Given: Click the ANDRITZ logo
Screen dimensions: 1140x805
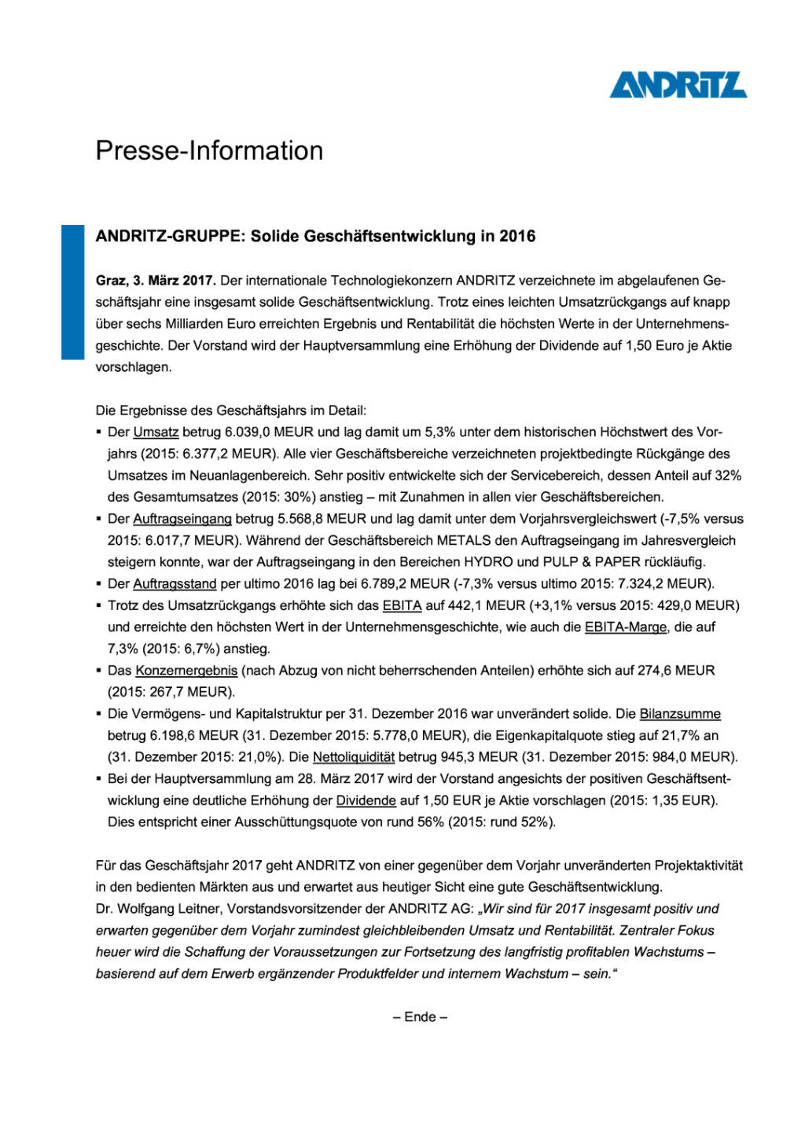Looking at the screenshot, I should pyautogui.click(x=678, y=85).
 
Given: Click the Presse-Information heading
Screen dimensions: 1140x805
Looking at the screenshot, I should pyautogui.click(x=209, y=150).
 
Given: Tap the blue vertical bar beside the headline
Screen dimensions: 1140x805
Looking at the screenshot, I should pyautogui.click(x=72, y=292).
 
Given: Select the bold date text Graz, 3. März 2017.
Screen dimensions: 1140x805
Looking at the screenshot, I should pyautogui.click(x=156, y=281).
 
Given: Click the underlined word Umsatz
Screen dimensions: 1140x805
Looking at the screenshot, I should pyautogui.click(x=156, y=432).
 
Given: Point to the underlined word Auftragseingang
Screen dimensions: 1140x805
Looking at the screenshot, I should pyautogui.click(x=182, y=519).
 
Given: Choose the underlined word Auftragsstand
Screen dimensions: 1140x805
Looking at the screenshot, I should pyautogui.click(x=175, y=584).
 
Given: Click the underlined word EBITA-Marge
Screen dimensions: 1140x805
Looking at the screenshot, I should pyautogui.click(x=626, y=627).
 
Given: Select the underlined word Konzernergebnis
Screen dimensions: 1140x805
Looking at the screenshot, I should pyautogui.click(x=186, y=671).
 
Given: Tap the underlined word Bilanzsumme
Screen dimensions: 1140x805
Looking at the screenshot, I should pyautogui.click(x=680, y=714).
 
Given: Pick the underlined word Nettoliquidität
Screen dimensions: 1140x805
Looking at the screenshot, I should pyautogui.click(x=354, y=757).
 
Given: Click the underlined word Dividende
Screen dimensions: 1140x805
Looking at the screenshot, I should pyautogui.click(x=366, y=800).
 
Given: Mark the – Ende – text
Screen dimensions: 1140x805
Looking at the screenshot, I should pyautogui.click(x=420, y=1017).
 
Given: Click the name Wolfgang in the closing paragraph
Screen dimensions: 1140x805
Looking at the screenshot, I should pyautogui.click(x=144, y=909).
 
